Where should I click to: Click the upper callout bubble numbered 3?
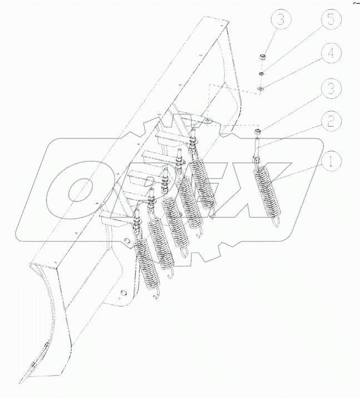[x=282, y=22]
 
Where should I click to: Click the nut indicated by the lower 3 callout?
[x=258, y=131]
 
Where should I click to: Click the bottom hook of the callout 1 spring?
[x=277, y=223]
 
